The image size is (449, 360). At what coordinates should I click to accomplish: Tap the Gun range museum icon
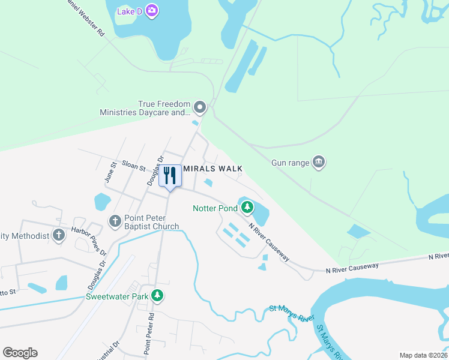[x=319, y=162]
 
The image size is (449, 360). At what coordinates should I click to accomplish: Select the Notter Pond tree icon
[x=247, y=208]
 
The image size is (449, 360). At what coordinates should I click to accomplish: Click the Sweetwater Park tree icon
[x=157, y=296]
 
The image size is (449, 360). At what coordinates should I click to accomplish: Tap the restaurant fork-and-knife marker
[x=170, y=176]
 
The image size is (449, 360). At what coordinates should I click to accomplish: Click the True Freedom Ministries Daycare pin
[x=200, y=108]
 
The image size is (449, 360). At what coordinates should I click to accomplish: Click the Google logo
[x=20, y=353]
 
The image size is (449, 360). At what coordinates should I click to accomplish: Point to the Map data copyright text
[x=423, y=355]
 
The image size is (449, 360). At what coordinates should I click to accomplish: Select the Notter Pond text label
[x=214, y=209]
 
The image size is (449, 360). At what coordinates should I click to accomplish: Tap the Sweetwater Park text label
[x=116, y=296]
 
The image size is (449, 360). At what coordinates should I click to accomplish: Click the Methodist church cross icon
[x=58, y=235]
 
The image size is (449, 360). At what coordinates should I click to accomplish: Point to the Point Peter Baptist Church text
[x=151, y=222]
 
